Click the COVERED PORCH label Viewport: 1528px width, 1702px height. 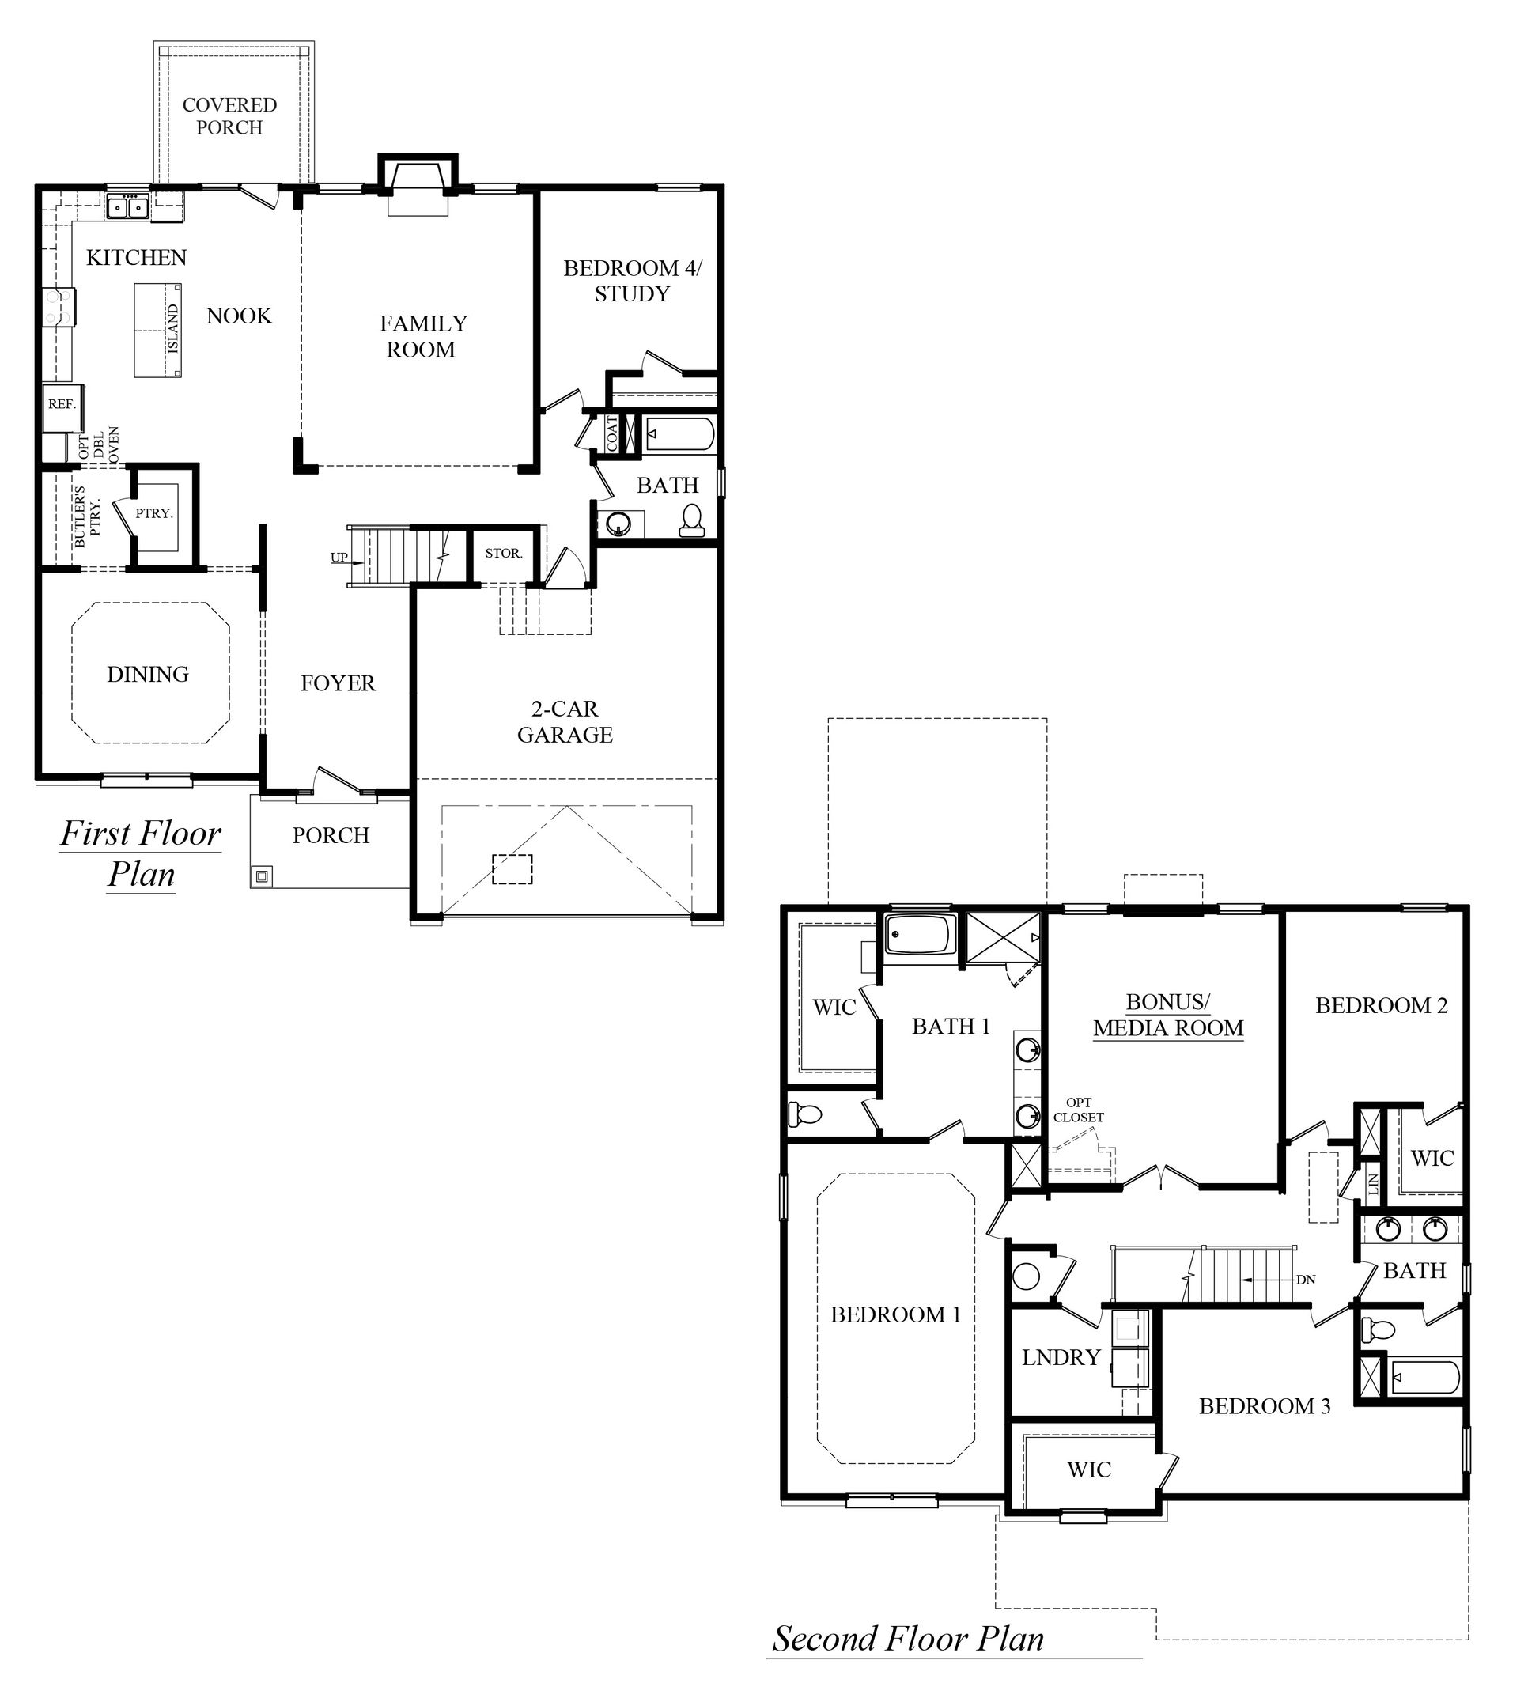point(229,116)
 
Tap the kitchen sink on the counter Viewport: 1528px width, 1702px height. point(127,206)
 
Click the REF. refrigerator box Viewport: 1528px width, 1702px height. point(61,405)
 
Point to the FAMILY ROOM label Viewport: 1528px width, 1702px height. point(422,336)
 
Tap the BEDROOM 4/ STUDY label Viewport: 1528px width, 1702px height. point(631,281)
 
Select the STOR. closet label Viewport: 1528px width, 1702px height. point(504,554)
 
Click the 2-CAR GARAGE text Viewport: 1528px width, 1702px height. point(564,722)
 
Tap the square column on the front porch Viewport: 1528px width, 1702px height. point(262,876)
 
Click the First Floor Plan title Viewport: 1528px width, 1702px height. point(140,853)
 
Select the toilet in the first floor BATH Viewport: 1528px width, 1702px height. point(692,520)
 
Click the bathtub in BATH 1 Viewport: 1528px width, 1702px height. point(920,935)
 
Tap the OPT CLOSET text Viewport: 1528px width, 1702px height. point(1079,1110)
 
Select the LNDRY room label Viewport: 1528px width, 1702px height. point(1061,1357)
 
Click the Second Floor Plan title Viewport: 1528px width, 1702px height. point(909,1638)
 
